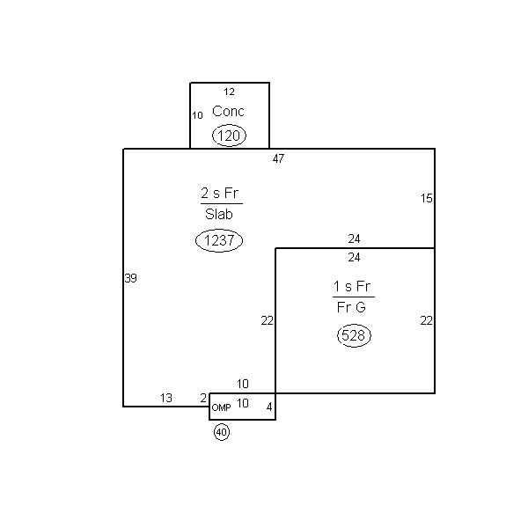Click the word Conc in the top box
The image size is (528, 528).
(x=228, y=111)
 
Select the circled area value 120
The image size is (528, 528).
(x=229, y=136)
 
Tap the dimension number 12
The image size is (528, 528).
(x=229, y=92)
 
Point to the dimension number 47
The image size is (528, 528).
(x=278, y=158)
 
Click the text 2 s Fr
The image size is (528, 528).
(x=219, y=193)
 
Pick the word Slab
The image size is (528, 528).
(x=219, y=214)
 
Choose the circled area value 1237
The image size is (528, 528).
(x=219, y=240)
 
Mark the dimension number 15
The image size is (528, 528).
(x=426, y=198)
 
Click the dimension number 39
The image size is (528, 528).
(x=130, y=278)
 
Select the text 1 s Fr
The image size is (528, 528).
(x=352, y=286)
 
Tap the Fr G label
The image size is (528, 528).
(x=351, y=307)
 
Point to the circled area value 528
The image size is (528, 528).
(x=354, y=335)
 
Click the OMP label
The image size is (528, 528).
(x=221, y=407)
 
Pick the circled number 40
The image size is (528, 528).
(x=222, y=432)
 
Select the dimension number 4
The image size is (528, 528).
(x=269, y=407)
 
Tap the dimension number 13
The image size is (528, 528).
(x=166, y=398)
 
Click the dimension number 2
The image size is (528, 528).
(x=203, y=398)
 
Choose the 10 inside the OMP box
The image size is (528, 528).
(x=243, y=403)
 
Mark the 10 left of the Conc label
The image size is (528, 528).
(x=197, y=115)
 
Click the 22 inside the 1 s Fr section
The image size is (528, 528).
(x=426, y=320)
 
